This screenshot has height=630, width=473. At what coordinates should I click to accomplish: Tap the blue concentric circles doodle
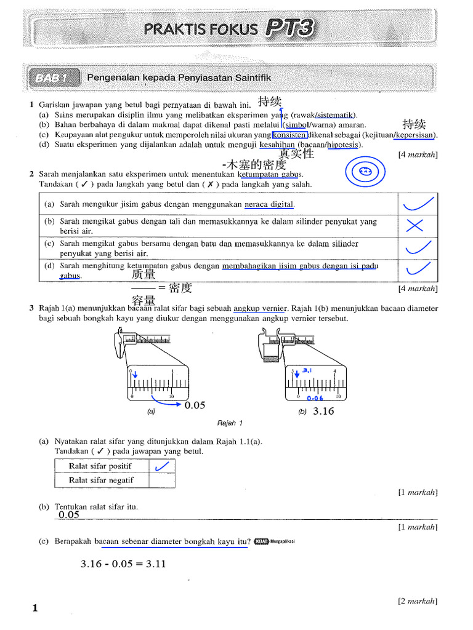365,172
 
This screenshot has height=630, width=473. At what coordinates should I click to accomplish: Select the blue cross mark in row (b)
415,226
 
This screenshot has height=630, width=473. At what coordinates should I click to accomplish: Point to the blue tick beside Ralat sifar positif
161,467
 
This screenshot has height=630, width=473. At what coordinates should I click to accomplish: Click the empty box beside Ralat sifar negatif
161,480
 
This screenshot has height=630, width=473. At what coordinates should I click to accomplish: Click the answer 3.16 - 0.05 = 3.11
123,564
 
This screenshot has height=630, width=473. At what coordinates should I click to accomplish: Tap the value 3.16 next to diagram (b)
323,411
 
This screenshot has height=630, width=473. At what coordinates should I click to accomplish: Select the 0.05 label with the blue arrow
195,405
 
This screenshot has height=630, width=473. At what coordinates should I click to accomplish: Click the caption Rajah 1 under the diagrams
230,423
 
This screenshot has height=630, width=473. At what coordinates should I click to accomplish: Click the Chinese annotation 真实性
296,154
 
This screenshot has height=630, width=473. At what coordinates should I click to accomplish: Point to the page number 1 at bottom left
35,608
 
